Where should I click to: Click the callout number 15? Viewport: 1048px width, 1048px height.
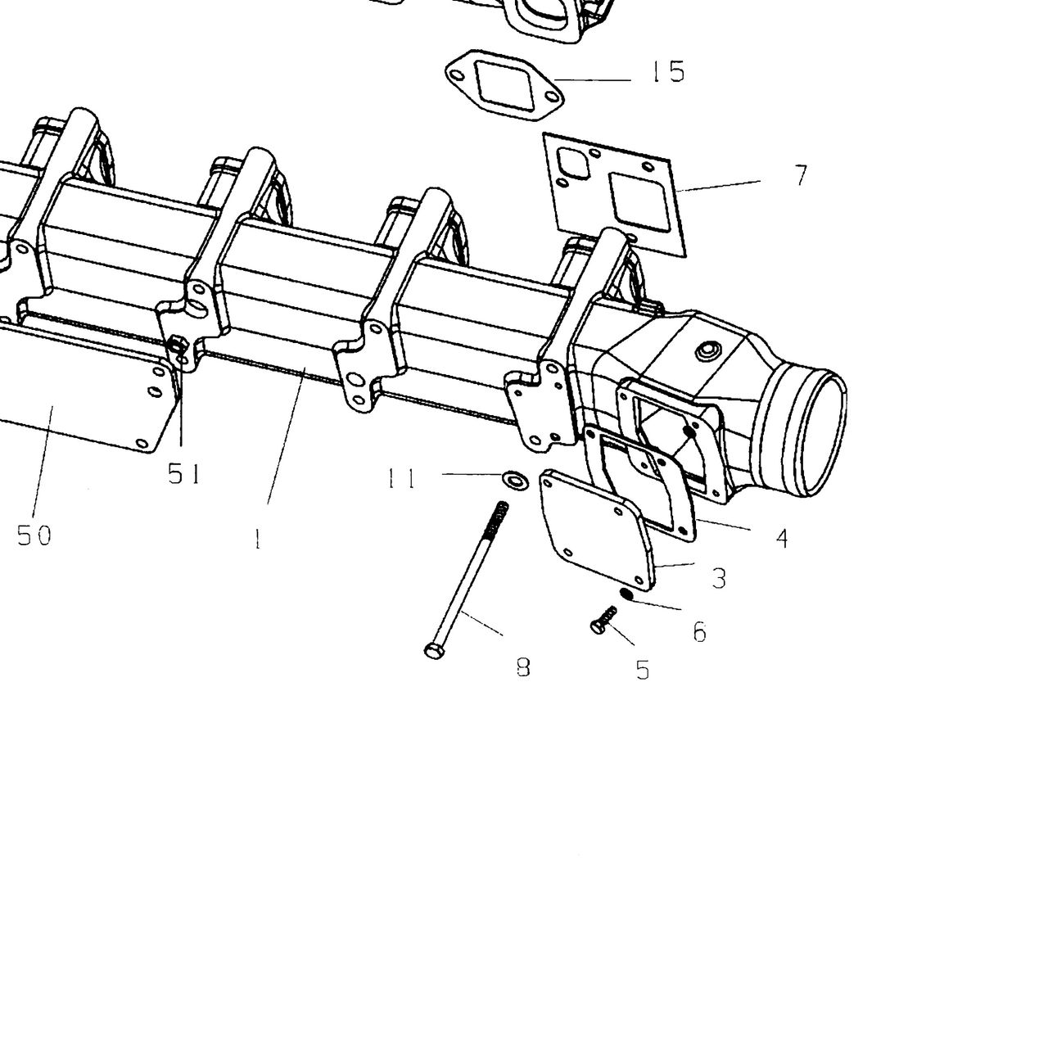(x=668, y=72)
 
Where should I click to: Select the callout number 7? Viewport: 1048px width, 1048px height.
(x=801, y=175)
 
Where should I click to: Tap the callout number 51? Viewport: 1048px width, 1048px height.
(x=184, y=474)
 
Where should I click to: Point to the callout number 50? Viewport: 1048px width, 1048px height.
(x=34, y=535)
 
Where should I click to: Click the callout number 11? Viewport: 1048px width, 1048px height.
(x=402, y=479)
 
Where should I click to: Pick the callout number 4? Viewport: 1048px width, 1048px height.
(x=782, y=539)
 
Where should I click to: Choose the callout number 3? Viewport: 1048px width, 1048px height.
(x=719, y=578)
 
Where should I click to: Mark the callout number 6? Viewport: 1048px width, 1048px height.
(x=699, y=631)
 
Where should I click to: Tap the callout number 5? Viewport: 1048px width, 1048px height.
(x=643, y=670)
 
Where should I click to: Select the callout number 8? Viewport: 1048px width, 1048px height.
(x=523, y=666)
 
